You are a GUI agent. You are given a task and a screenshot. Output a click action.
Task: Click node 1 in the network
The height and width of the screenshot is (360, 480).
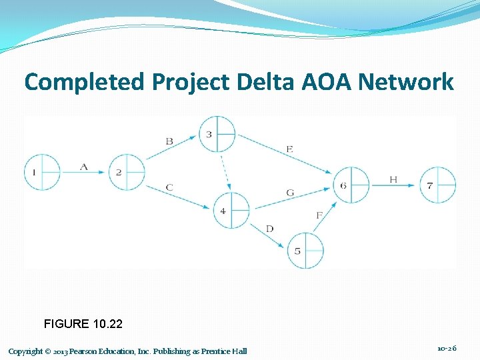point(42,173)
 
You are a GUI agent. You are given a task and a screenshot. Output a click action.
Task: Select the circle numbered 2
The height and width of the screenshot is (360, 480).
point(127,173)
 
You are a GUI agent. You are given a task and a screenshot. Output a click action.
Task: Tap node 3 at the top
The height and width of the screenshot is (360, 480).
point(217,134)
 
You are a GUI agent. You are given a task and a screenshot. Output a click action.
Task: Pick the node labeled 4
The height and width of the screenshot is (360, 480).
point(231,211)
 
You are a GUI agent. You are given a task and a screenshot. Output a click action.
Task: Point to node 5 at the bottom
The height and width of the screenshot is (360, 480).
point(305,251)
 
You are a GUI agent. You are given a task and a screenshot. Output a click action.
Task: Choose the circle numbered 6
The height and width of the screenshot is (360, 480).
point(351,185)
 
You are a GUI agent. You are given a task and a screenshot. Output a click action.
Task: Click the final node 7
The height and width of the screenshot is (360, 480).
point(438,185)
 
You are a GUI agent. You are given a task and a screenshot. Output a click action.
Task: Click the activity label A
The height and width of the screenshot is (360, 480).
point(84,167)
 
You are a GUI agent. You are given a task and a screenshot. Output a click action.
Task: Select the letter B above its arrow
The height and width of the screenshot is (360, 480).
point(169,141)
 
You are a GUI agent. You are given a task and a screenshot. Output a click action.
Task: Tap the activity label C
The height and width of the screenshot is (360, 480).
point(169,187)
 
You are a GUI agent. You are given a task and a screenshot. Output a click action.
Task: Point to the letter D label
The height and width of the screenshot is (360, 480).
point(269,229)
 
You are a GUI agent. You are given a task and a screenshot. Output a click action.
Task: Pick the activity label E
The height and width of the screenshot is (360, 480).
point(289,149)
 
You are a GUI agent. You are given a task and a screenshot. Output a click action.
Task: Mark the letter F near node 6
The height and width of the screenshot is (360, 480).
point(319,215)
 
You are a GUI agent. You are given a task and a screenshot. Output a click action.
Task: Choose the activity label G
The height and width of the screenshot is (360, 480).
point(289,193)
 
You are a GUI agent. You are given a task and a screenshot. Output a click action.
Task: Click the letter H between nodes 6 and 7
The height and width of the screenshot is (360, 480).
point(393,179)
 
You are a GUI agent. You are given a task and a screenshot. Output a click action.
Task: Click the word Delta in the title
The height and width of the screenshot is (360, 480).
point(251,82)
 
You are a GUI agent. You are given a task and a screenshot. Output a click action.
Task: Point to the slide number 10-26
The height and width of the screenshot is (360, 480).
point(447,349)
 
